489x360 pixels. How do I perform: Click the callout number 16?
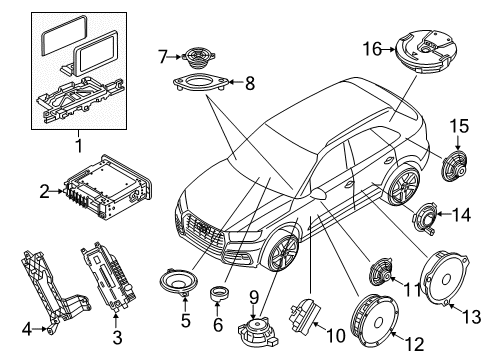(372, 49)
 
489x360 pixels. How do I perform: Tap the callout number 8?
(250, 83)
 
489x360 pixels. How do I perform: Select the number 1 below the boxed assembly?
(79, 145)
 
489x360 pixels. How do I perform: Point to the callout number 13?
(472, 316)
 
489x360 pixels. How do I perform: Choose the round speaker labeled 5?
(179, 283)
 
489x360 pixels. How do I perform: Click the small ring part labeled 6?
(219, 293)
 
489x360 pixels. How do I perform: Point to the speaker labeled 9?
(258, 331)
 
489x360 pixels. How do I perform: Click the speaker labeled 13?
(445, 278)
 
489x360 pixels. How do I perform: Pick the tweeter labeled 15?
(454, 166)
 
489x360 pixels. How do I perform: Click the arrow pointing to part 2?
(57, 191)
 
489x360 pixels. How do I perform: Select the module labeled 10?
(304, 314)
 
